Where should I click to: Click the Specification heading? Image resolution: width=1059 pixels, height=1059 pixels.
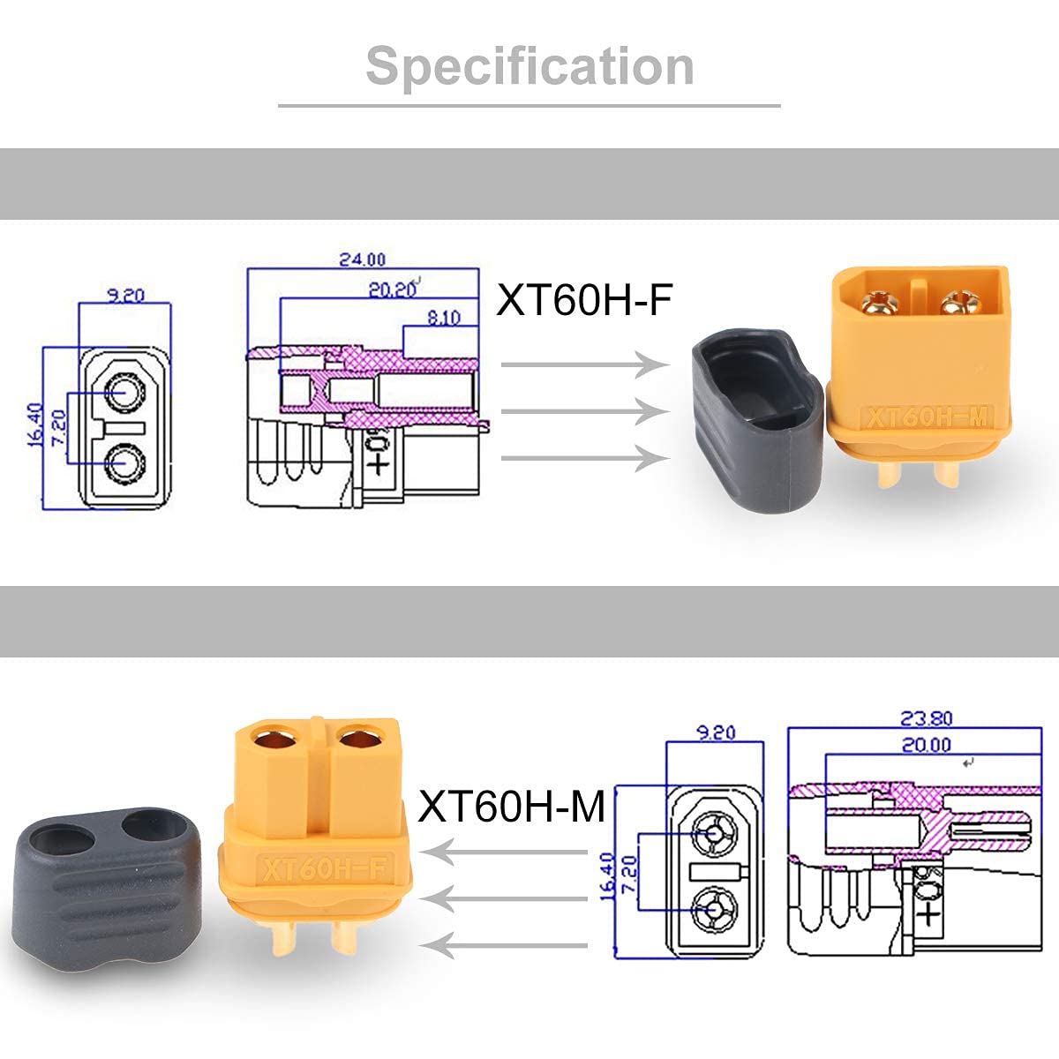pos(529,67)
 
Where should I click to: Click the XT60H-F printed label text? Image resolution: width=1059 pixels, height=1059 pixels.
pos(584,300)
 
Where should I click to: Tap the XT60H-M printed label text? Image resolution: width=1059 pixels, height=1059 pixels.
pos(512,806)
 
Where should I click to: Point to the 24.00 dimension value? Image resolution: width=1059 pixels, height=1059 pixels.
pos(362,259)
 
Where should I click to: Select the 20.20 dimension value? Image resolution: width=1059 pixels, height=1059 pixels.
pos(392,289)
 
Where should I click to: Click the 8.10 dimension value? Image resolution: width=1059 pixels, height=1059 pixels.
pos(444,318)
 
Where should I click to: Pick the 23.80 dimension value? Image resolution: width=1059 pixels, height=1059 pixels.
pos(926,717)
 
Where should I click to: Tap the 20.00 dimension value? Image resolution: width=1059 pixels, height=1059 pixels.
pos(926,745)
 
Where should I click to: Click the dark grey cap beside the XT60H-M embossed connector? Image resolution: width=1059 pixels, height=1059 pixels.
pos(757,420)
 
